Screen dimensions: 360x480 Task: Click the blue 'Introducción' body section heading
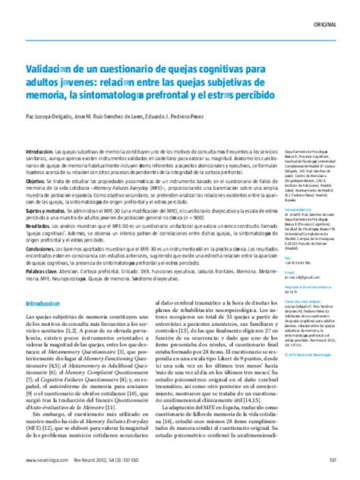pos(47,280)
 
